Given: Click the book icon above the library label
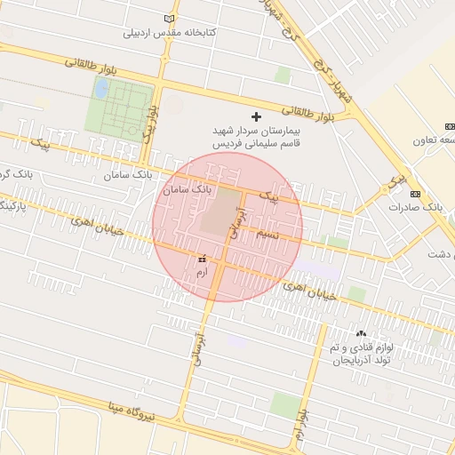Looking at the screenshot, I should click(x=171, y=19).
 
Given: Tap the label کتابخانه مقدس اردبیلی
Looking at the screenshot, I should click(x=171, y=33).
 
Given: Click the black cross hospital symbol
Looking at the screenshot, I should click(x=258, y=116).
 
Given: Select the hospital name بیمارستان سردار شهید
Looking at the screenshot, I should click(x=258, y=131).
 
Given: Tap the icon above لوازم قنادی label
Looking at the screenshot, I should click(x=361, y=332).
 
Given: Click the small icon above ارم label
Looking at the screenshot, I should click(x=202, y=257).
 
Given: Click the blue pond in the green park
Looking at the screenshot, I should click(x=101, y=88).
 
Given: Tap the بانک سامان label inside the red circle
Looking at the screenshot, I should click(x=188, y=190).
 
